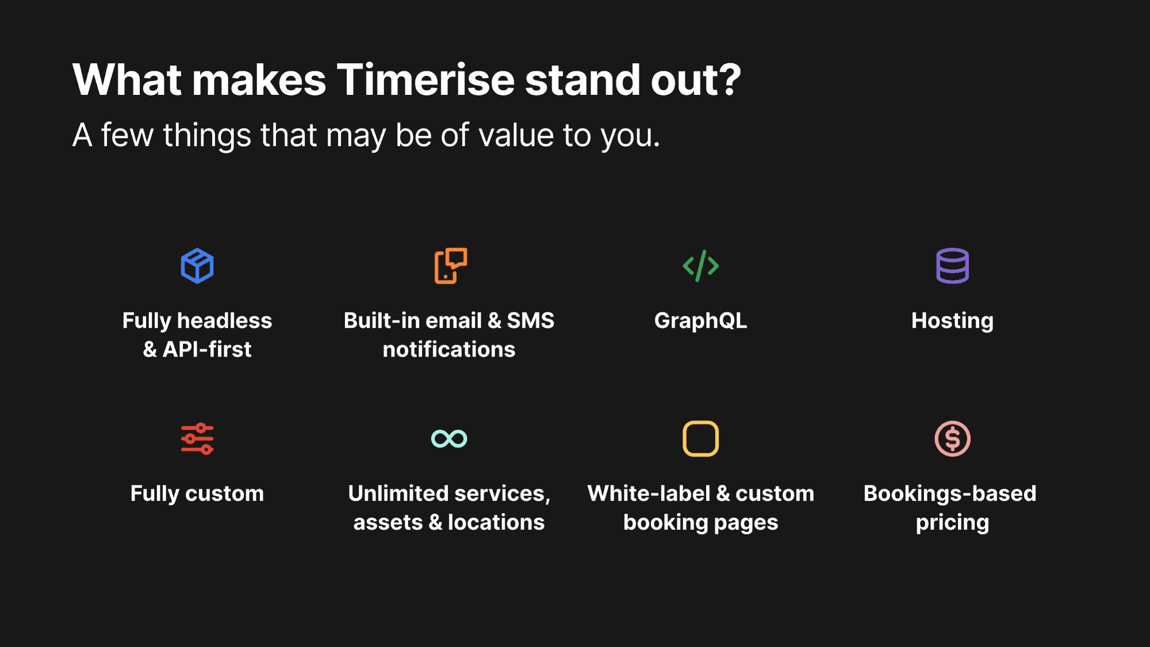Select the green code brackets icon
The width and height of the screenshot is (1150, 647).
pos(700,266)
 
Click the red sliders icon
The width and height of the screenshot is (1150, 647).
pos(197,439)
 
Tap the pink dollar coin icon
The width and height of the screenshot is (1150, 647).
pos(952,439)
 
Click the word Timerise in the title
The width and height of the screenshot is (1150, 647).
pos(425,79)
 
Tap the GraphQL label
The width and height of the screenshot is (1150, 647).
pos(700,321)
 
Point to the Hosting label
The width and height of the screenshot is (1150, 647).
pos(952,321)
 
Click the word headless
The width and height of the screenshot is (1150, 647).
pos(224,320)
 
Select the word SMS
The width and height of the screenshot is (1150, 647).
pos(530,320)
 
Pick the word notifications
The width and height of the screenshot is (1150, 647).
pos(449,349)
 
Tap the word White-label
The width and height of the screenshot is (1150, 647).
pos(649,493)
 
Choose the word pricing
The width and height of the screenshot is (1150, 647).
pos(952,523)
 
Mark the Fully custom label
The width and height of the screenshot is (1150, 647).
pos(197,493)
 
